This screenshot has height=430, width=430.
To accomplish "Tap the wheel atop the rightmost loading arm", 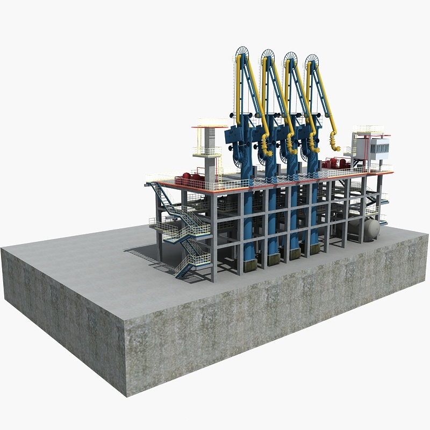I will [312, 60].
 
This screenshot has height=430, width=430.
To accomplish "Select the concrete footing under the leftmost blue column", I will [249, 265].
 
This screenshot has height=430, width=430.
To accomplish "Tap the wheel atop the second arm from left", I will [268, 55].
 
